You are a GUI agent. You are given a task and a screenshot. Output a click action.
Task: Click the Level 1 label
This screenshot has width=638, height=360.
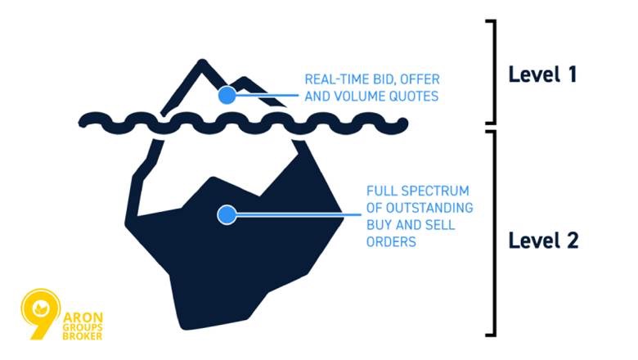[542, 74]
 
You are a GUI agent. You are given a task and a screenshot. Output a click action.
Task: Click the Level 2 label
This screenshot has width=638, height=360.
[543, 241]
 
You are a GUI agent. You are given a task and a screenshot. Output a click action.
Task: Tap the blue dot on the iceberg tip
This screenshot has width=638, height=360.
[227, 95]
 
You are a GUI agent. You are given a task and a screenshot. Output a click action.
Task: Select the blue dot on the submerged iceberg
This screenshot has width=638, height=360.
[227, 215]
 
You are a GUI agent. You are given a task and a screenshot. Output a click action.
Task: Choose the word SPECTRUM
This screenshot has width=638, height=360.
[436, 191]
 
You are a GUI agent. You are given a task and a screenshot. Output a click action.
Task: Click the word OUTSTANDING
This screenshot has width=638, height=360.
[429, 208]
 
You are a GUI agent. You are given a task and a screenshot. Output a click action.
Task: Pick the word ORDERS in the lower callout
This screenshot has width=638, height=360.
[391, 241]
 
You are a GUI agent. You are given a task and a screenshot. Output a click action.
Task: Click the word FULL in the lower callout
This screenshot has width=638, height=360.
[382, 191]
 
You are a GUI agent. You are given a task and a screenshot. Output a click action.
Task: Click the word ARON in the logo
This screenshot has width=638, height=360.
[83, 317]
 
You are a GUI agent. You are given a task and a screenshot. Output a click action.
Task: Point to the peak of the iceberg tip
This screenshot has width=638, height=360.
[202, 61]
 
